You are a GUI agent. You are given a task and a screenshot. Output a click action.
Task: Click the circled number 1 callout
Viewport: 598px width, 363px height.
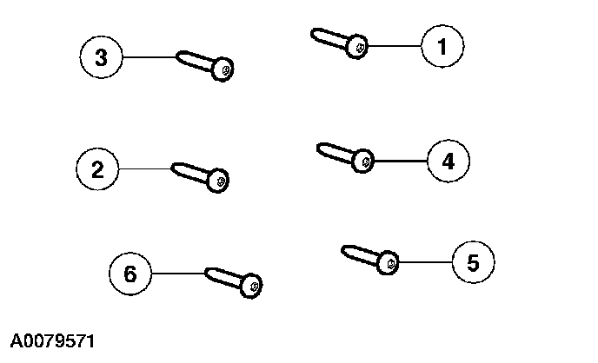coord(442,46)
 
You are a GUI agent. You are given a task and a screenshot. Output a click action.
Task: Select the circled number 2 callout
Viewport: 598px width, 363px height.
coord(98,168)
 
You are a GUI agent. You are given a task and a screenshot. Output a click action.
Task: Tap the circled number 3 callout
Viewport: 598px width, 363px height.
coord(101,57)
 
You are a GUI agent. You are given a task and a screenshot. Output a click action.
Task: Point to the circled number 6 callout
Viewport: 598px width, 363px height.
coord(130,274)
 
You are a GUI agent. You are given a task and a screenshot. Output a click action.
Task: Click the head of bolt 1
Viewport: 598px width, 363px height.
coord(357,46)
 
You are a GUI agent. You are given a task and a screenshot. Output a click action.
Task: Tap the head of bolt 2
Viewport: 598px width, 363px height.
coord(218,181)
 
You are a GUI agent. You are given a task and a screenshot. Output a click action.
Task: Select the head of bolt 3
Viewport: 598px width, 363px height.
coord(223,69)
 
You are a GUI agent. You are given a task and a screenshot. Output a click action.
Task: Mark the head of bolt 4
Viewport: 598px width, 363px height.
coord(363,161)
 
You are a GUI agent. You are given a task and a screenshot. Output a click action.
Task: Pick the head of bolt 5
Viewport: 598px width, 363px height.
coord(389,261)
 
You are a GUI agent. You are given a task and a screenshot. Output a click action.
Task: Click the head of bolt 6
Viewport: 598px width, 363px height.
coord(250,284)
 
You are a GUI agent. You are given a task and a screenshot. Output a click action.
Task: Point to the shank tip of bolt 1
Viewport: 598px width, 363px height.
coord(315,34)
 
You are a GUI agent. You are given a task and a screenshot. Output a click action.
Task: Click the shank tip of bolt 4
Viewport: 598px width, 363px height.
coord(319,148)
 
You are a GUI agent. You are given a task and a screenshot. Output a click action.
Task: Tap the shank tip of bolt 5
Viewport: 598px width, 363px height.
coord(344,250)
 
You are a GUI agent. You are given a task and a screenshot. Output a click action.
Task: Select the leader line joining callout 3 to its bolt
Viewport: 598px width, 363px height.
coord(149,57)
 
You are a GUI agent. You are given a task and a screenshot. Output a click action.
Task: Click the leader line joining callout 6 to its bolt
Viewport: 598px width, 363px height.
coord(178,274)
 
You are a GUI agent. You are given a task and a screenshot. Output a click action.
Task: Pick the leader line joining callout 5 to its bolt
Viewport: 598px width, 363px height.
coord(426,261)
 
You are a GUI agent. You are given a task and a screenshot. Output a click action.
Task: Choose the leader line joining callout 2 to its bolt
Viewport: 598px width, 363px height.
coord(145,168)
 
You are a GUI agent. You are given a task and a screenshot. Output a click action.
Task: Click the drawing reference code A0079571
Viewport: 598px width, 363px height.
coord(52,340)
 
